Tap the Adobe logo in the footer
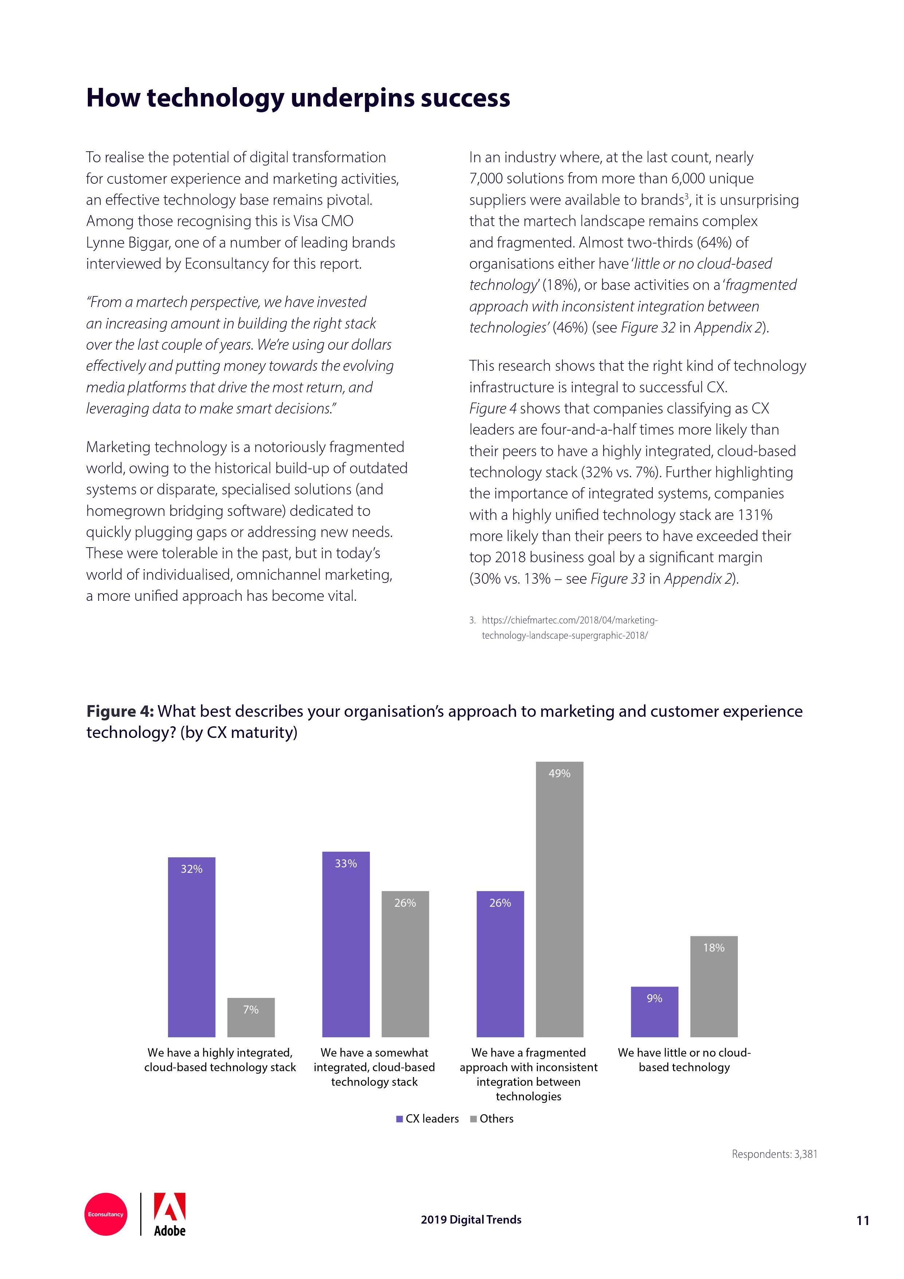(169, 1214)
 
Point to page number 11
(862, 1221)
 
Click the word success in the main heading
(465, 98)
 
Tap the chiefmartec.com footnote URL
(569, 628)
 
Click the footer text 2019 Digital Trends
(471, 1220)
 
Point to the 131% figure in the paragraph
(755, 515)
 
